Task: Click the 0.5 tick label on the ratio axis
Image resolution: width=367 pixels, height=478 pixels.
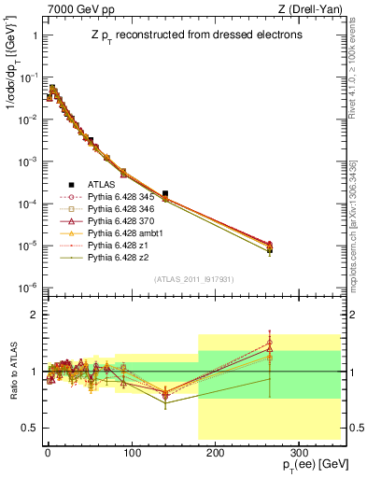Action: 28,428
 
